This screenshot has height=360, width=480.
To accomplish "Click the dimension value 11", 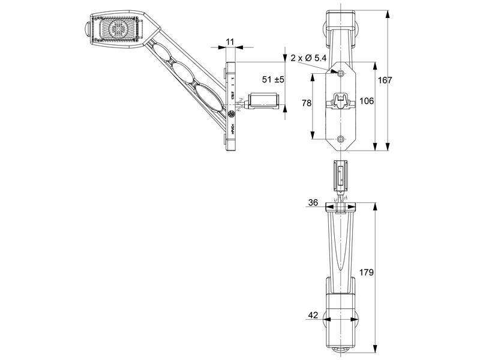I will tap(230, 41).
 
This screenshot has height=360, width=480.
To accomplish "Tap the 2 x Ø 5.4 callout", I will tap(309, 58).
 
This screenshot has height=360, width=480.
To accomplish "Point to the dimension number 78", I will tap(306, 103).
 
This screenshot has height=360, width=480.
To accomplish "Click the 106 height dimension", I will tap(366, 101).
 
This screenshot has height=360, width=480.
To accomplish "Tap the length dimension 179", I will tap(366, 272).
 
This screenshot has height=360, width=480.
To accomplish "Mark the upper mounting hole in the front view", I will tap(341, 73).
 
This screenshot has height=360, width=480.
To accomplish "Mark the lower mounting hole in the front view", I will tap(341, 139).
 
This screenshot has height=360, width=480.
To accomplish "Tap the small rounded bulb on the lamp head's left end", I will tap(85, 28).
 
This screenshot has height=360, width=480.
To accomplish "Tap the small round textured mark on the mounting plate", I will tap(232, 113).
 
